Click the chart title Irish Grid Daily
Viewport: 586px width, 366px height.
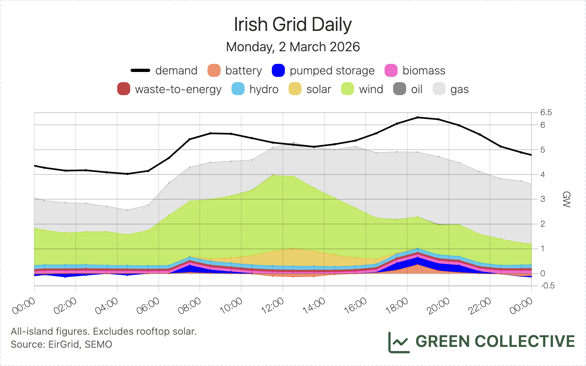[x=293, y=24]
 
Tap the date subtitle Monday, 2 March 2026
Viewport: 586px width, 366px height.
[x=293, y=47]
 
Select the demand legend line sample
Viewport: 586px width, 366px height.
[x=140, y=70]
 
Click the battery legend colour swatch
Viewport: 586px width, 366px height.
[x=214, y=70]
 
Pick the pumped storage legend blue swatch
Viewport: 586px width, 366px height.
[x=278, y=70]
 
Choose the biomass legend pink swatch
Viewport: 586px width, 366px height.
[x=391, y=70]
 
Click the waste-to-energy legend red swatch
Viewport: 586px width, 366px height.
[x=124, y=89]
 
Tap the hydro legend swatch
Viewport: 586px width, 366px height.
[x=238, y=89]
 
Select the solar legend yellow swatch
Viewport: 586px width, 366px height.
[x=295, y=89]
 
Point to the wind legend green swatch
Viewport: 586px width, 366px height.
[x=348, y=89]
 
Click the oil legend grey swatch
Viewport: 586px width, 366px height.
[x=400, y=89]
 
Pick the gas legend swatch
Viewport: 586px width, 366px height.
[x=439, y=89]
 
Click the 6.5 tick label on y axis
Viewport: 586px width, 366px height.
[x=546, y=113]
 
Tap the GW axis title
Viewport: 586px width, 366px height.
[x=566, y=199]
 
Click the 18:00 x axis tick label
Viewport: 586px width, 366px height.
[x=397, y=306]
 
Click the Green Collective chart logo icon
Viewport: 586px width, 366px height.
[x=398, y=342]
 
